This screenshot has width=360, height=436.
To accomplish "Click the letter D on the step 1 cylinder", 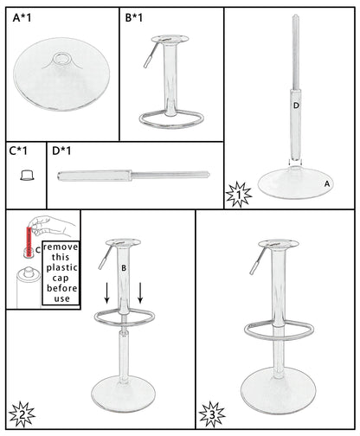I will coord(296,106).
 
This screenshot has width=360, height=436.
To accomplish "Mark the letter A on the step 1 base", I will coord(326,183).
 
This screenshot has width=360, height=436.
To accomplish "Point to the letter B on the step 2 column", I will coord(123,269).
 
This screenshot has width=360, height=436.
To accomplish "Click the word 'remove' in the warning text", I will coord(59,248).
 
